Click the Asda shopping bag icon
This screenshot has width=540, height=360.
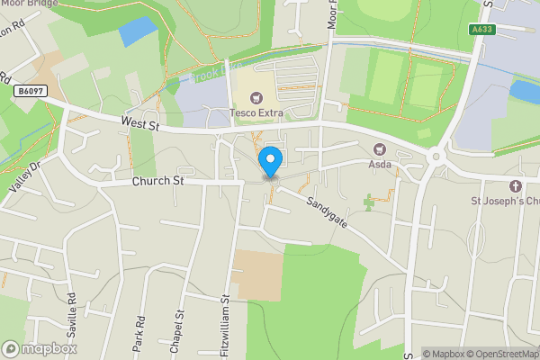tap(379, 149)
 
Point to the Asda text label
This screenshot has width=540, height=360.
tap(379, 164)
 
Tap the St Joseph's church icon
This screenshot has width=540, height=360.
tap(515, 185)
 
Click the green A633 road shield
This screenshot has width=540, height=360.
tap(481, 30)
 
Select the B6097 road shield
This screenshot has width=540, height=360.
tap(30, 91)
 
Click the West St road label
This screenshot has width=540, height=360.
tap(140, 125)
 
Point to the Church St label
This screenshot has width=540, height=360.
tap(157, 181)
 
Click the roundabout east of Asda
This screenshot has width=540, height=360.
tap(436, 156)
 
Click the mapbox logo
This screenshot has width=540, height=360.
tap(40, 348)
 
